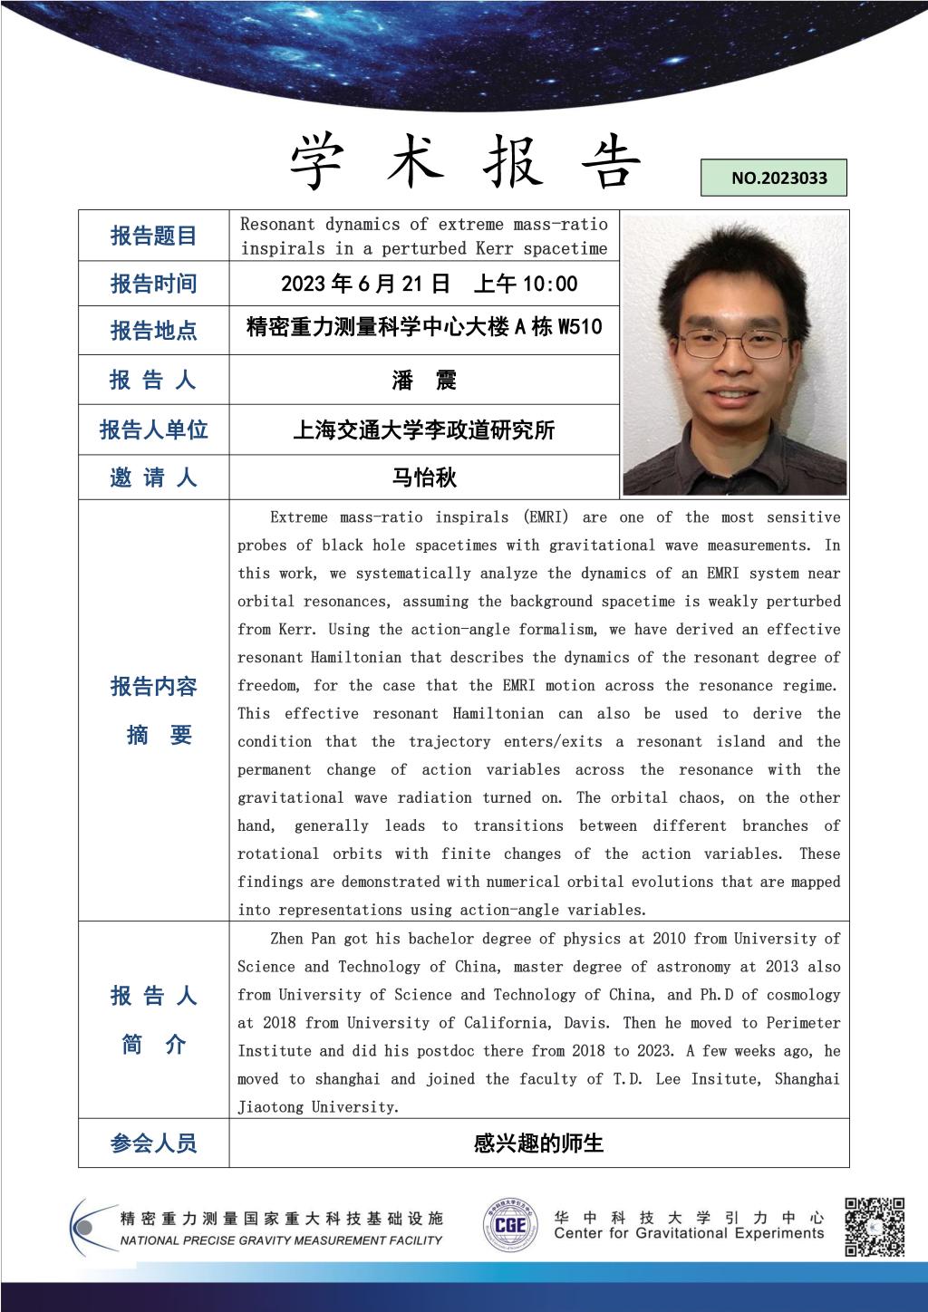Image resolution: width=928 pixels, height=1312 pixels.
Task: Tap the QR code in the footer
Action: coord(875,1227)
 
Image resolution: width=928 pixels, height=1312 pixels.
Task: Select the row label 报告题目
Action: coord(153,236)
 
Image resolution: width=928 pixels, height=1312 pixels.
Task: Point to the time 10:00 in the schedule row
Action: coord(550,284)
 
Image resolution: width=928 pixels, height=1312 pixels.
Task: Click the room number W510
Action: coord(579,327)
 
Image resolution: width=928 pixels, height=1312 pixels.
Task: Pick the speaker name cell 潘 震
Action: coord(424,380)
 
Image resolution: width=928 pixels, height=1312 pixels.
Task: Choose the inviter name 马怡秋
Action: coord(424,477)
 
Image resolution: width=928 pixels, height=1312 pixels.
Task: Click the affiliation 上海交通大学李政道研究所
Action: coord(424,429)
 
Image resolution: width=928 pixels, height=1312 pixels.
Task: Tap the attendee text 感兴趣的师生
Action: coord(538,1143)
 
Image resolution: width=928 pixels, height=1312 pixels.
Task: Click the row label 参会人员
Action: coord(153,1143)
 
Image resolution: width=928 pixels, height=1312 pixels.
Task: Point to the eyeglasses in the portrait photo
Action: coord(734,343)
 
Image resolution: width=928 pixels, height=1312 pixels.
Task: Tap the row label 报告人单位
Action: coord(153,429)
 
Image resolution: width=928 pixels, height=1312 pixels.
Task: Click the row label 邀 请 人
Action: coord(153,477)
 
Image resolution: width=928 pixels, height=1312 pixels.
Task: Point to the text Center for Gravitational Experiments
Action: coord(689,1233)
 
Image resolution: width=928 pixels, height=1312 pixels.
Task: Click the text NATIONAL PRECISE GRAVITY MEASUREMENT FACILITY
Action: coord(281,1240)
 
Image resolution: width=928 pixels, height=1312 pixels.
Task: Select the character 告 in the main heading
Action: coord(610,163)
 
